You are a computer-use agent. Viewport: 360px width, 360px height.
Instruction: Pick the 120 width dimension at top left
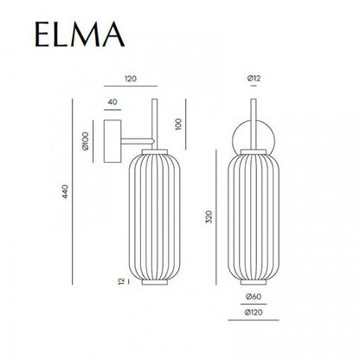click(x=130, y=77)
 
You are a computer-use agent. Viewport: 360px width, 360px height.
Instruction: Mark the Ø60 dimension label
click(x=251, y=299)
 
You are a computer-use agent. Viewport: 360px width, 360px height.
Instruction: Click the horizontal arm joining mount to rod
click(x=134, y=138)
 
